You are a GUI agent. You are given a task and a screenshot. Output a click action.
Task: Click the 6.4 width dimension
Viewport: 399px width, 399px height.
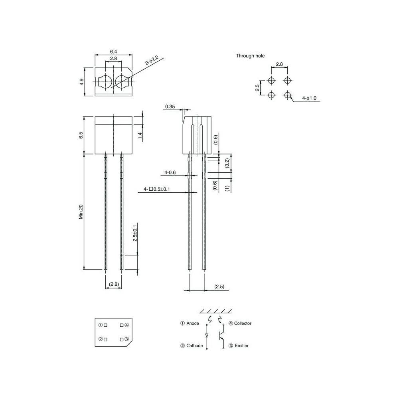(x=113, y=51)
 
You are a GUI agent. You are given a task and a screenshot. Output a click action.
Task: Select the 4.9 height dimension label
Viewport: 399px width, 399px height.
(x=81, y=82)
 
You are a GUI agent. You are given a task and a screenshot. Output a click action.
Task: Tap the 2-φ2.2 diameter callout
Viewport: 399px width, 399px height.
(x=152, y=61)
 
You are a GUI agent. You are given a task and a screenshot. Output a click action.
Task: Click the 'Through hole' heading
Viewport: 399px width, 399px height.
(x=250, y=56)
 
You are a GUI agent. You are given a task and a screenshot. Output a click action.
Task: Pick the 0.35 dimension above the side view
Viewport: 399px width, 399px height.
(x=170, y=107)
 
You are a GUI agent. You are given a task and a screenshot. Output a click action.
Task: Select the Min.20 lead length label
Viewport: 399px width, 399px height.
(x=81, y=212)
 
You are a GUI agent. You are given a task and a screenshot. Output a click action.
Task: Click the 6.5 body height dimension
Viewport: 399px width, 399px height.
(x=81, y=135)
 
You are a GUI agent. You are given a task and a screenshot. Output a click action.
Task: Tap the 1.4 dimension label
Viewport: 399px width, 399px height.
(x=140, y=136)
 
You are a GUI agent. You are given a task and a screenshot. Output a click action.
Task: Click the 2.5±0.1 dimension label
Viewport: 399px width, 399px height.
(x=135, y=233)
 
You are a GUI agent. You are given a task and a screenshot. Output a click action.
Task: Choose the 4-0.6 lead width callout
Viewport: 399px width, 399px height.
(x=170, y=173)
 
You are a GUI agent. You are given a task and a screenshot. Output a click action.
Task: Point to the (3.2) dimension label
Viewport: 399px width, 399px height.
(x=227, y=163)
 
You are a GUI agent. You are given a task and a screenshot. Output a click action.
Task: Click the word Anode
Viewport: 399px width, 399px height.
(x=192, y=323)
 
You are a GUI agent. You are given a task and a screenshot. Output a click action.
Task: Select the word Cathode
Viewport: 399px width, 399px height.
(x=194, y=346)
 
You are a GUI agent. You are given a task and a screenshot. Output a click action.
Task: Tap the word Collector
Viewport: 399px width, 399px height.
(x=243, y=323)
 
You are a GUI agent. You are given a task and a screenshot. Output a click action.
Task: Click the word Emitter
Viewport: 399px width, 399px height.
(x=241, y=346)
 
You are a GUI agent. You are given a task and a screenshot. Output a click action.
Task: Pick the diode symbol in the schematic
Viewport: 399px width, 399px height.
(x=207, y=335)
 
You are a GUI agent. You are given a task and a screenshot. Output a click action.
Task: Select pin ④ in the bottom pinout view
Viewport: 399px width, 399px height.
(x=126, y=325)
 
